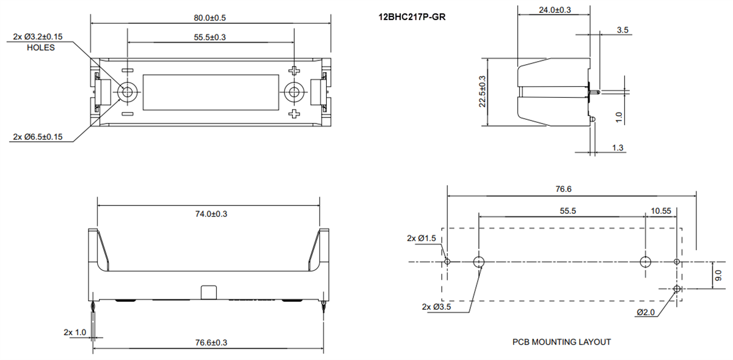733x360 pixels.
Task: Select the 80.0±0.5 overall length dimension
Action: pyautogui.click(x=210, y=17)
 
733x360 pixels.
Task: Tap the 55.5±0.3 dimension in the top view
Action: pyautogui.click(x=210, y=37)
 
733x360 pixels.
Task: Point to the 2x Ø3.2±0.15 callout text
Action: pyautogui.click(x=38, y=37)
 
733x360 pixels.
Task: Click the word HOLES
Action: pyautogui.click(x=41, y=48)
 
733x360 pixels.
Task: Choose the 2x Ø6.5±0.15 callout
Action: pyautogui.click(x=38, y=136)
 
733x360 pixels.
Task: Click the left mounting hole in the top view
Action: pyautogui.click(x=128, y=93)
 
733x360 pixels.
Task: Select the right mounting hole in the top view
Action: pyautogui.click(x=294, y=93)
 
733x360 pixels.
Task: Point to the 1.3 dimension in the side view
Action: pyautogui.click(x=617, y=147)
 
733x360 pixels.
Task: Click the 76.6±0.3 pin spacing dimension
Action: pyautogui.click(x=208, y=343)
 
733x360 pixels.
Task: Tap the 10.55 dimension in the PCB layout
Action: pyautogui.click(x=661, y=210)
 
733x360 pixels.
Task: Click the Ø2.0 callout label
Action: pyautogui.click(x=646, y=312)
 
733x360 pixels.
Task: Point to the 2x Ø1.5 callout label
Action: pyautogui.click(x=421, y=238)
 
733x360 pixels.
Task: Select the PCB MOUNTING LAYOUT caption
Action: pyautogui.click(x=561, y=342)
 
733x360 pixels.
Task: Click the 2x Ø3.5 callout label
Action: pyautogui.click(x=436, y=307)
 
